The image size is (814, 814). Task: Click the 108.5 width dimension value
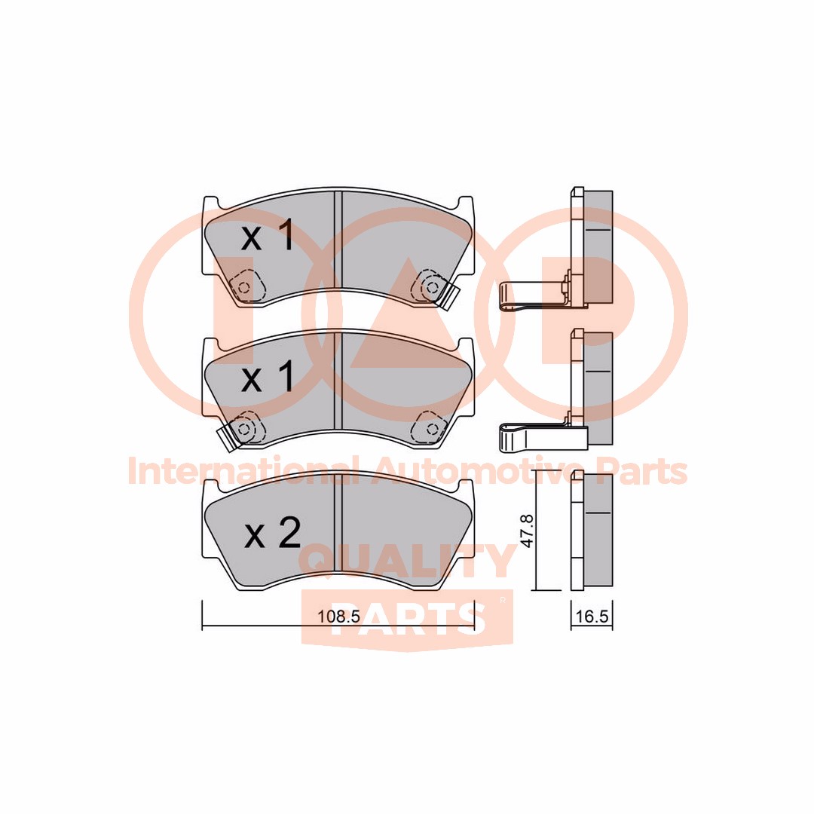tap(338, 617)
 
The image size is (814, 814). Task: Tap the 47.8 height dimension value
tap(528, 530)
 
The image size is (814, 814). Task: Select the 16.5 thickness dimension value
tap(592, 617)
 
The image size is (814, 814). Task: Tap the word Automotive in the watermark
tap(468, 471)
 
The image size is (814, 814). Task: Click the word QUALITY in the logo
tap(407, 561)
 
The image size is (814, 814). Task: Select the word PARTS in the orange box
tap(409, 618)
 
